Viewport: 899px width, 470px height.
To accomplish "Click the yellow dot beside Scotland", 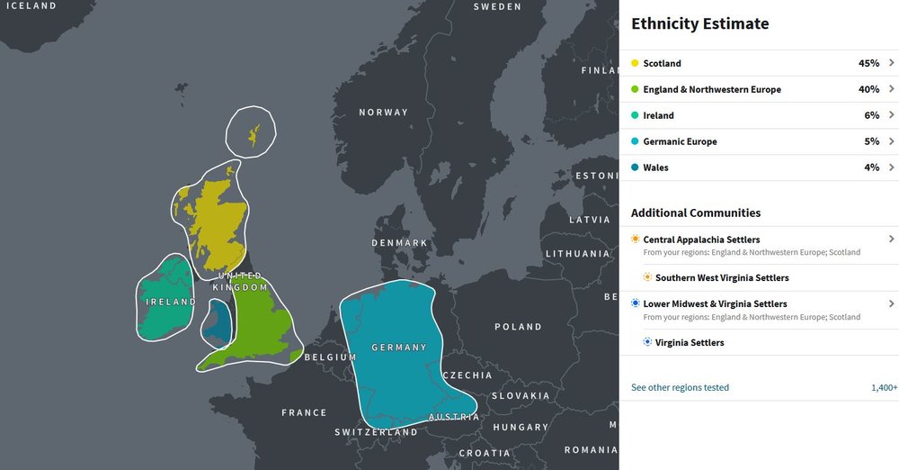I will pos(635,64).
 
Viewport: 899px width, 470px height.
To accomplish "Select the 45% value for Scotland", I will pos(868,64).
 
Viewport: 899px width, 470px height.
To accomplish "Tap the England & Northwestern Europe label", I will pos(712,90).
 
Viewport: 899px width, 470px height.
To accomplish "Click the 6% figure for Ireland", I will pos(871,116).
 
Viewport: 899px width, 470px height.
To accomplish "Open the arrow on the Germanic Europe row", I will pos(891,141).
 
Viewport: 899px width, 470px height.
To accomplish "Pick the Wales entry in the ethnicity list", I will pos(655,167).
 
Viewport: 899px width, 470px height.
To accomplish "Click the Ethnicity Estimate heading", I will pos(699,24).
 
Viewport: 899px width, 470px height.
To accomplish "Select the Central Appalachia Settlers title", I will pos(701,240).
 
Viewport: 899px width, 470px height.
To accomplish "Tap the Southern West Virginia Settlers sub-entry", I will pos(722,278).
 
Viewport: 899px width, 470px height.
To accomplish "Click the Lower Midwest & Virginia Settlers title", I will pos(715,304).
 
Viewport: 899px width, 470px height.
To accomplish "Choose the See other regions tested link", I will pos(680,388).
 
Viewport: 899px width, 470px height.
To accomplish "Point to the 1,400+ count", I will pos(884,388).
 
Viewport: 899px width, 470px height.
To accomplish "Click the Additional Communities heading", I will pos(696,213).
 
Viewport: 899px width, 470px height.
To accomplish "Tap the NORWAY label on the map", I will pos(383,113).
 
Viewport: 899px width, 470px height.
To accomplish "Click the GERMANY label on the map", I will pos(399,348).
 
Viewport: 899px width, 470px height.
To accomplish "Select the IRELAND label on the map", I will pos(171,303).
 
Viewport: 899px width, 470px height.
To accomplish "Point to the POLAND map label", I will pos(518,327).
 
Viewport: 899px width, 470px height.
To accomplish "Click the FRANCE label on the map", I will pos(304,413).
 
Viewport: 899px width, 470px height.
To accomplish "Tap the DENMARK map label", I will pos(400,243).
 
